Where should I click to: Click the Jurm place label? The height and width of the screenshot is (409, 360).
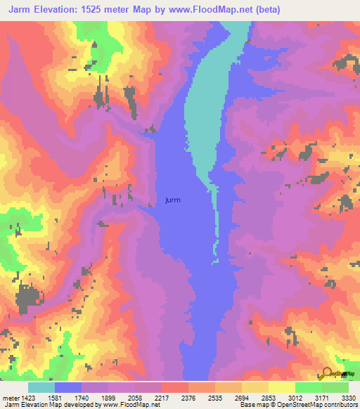(172, 200)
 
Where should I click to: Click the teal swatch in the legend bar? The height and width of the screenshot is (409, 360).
(41, 387)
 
